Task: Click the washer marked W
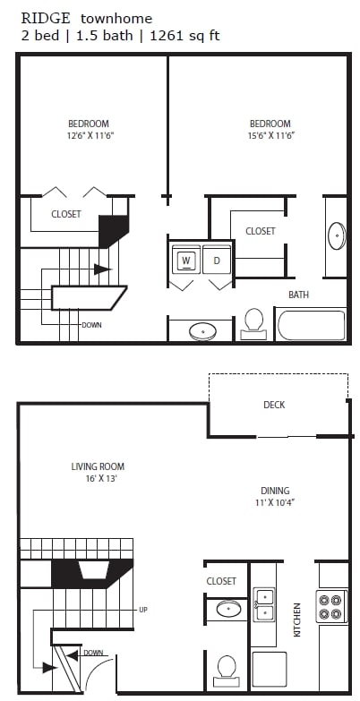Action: tap(186, 261)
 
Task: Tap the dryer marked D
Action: tap(217, 261)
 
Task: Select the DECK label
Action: tap(274, 405)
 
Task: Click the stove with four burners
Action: tap(331, 605)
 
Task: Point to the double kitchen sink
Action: tap(264, 604)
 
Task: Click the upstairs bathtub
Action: tap(311, 324)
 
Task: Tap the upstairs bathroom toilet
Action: tap(253, 322)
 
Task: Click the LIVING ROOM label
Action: tap(98, 466)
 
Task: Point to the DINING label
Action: tap(275, 490)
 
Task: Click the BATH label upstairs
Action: tap(298, 295)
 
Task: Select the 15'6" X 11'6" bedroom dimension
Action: tap(270, 136)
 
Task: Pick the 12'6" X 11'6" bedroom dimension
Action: tap(89, 136)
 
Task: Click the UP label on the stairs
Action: tap(143, 610)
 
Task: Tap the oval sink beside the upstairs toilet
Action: tap(203, 331)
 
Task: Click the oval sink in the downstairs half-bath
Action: tap(228, 610)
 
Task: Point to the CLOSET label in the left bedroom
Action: tap(66, 214)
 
